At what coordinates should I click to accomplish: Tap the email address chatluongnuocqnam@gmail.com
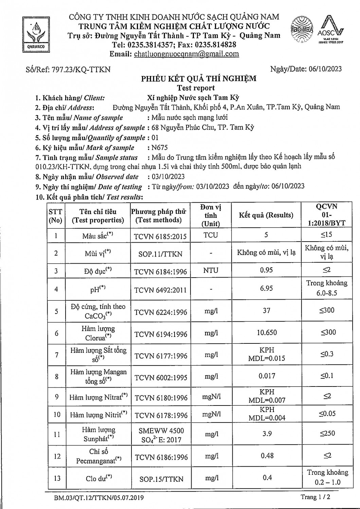click(186, 54)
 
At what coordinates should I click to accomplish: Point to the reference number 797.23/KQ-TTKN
click(81, 70)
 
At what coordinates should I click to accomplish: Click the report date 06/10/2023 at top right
click(325, 69)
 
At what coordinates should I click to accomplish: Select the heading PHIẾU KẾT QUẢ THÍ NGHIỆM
click(199, 79)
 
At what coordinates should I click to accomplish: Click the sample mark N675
click(160, 147)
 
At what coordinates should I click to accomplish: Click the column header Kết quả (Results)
click(266, 215)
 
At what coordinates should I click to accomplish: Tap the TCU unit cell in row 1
click(211, 235)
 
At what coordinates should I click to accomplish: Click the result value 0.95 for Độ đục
click(266, 270)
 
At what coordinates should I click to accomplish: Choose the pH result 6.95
click(266, 288)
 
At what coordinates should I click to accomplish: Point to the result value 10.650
click(267, 333)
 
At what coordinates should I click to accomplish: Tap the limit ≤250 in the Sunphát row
click(327, 433)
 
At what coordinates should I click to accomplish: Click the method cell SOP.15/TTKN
click(161, 479)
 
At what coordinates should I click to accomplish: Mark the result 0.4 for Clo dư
click(267, 478)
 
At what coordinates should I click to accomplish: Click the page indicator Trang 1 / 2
click(315, 497)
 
